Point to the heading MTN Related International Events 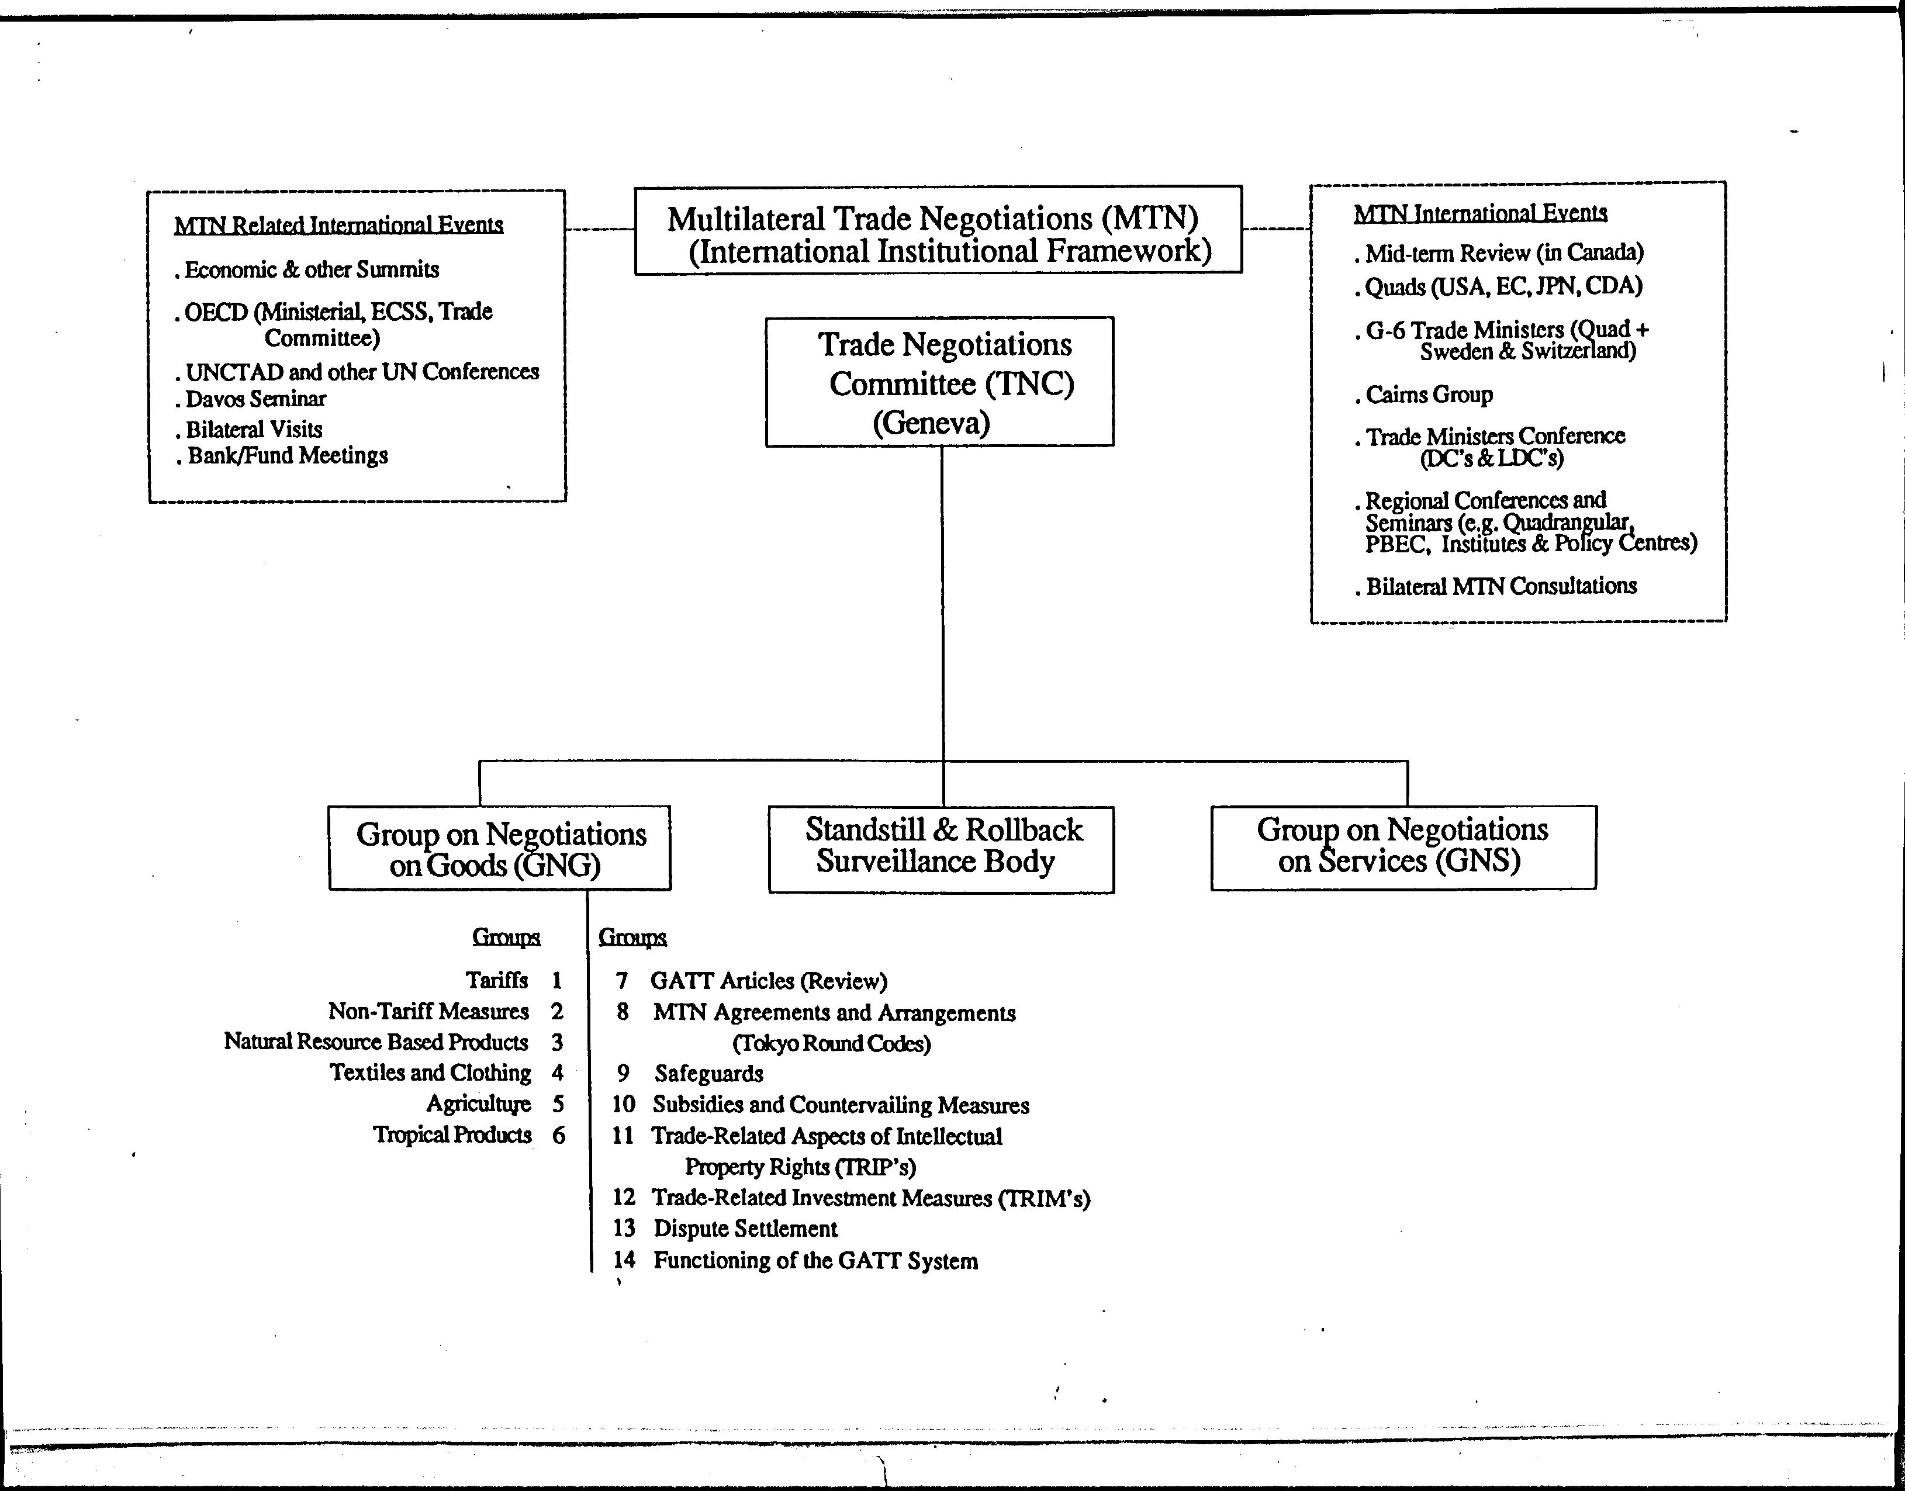tap(339, 225)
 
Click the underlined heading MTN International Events tap(1481, 213)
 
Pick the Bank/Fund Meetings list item tap(281, 456)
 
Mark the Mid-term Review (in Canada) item tap(1499, 253)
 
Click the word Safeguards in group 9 tap(709, 1074)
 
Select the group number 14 tap(623, 1260)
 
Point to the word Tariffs tap(497, 980)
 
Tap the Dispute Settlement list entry tap(746, 1229)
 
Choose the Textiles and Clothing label tap(430, 1073)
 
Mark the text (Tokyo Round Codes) tap(832, 1044)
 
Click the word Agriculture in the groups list tap(478, 1104)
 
